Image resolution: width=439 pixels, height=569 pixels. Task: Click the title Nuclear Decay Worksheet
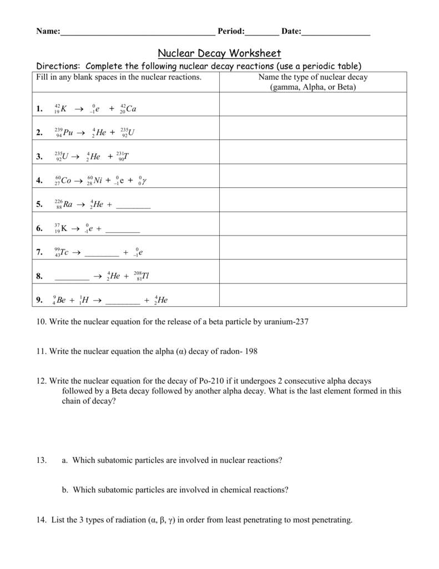[219, 53]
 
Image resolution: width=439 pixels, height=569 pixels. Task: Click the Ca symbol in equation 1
[131, 109]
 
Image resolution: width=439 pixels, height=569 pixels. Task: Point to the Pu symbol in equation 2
[68, 132]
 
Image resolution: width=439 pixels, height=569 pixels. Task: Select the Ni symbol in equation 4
[100, 181]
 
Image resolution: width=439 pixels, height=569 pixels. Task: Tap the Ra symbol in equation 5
[68, 204]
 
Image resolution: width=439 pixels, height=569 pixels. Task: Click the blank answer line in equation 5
[134, 207]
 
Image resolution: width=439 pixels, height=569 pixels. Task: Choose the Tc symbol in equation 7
[64, 252]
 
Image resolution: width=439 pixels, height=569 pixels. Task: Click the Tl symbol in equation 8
[145, 276]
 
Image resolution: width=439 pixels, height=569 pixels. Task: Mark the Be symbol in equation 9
[62, 300]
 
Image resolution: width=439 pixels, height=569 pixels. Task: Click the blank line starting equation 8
[72, 278]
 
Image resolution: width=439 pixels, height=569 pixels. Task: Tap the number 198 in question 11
[251, 352]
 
